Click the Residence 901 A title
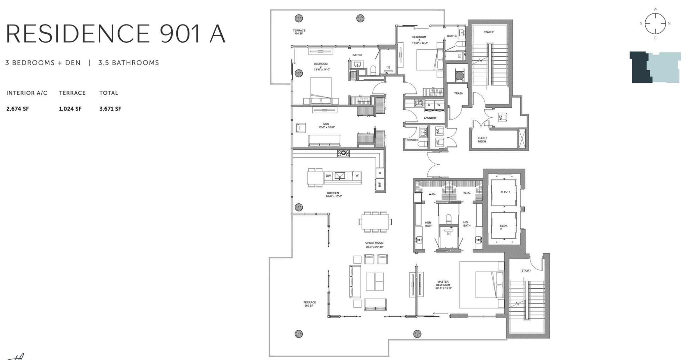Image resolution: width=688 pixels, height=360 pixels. pos(116,34)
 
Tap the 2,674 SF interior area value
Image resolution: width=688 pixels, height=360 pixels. pos(17,109)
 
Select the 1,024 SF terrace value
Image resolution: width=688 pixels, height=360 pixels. pos(70,109)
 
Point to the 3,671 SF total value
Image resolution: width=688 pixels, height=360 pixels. pos(110,109)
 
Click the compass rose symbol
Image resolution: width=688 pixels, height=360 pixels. pos(655,24)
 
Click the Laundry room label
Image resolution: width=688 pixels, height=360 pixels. pos(430,118)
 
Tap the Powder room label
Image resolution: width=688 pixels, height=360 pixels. pos(412,140)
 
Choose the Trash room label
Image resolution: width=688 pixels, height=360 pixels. pos(459,93)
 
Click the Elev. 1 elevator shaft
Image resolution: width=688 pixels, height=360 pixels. pos(504,193)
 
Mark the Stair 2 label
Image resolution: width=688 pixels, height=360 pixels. pos(488,32)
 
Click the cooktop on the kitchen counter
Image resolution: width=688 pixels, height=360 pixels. pos(343,153)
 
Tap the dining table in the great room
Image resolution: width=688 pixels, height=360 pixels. pos(375,222)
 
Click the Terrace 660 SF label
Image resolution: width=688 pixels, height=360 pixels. pos(309,304)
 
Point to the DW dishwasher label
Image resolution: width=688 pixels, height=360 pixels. pos(328,176)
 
